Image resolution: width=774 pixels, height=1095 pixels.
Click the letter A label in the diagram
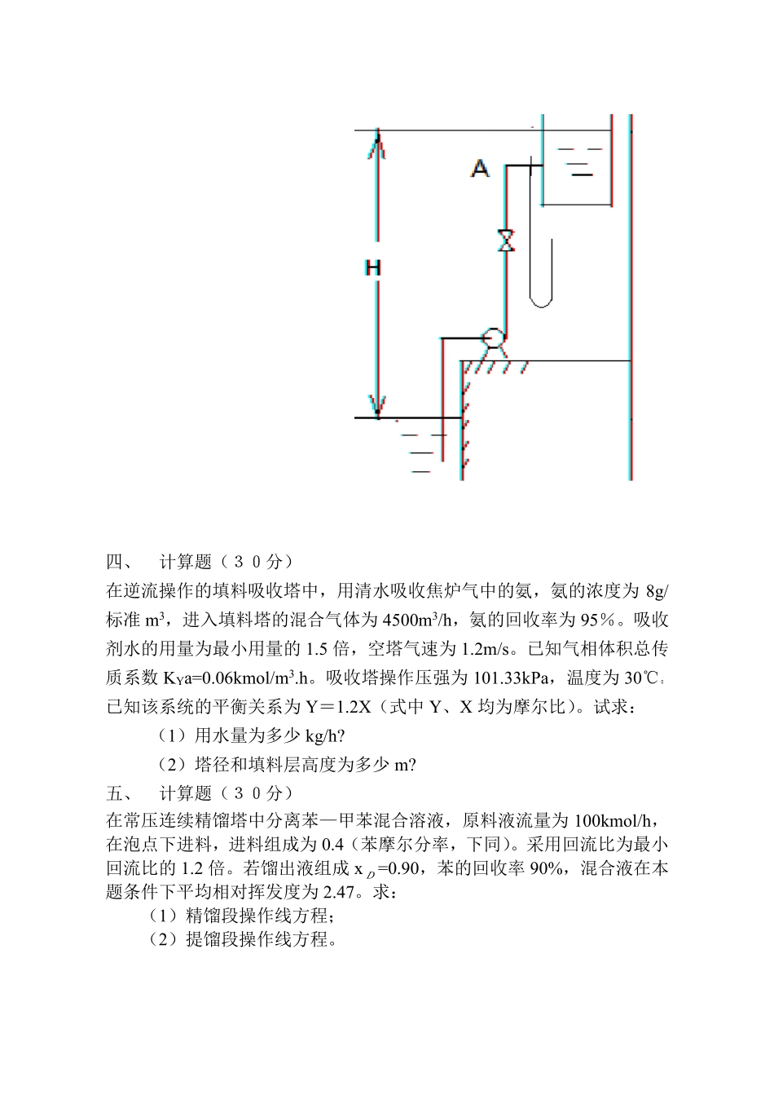click(481, 168)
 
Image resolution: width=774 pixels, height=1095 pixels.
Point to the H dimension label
click(373, 267)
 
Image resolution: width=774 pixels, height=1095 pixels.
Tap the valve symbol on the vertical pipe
click(506, 241)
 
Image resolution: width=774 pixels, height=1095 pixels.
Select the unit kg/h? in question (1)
click(325, 735)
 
